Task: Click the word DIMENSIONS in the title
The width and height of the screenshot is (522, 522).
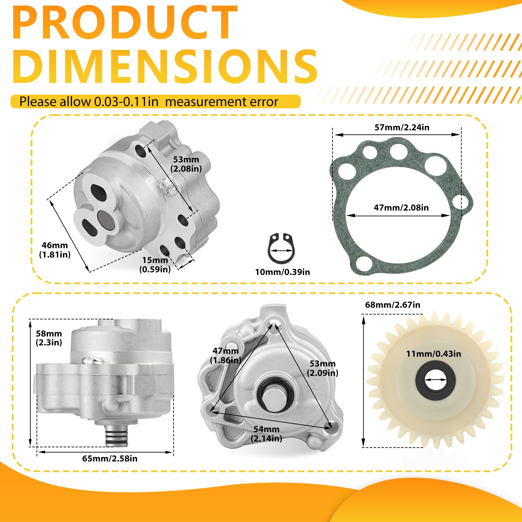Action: point(165,67)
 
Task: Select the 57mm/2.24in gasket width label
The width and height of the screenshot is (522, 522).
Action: point(402,127)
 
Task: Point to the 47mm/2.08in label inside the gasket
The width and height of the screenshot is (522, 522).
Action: point(401,207)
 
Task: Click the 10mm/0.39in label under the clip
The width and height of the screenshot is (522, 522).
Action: point(283,272)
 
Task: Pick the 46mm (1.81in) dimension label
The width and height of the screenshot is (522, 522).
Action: point(55,250)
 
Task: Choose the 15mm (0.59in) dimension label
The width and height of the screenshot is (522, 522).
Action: point(155,265)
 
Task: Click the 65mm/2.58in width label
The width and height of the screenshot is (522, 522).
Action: point(110,458)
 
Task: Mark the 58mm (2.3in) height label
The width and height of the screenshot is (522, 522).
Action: point(49,338)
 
